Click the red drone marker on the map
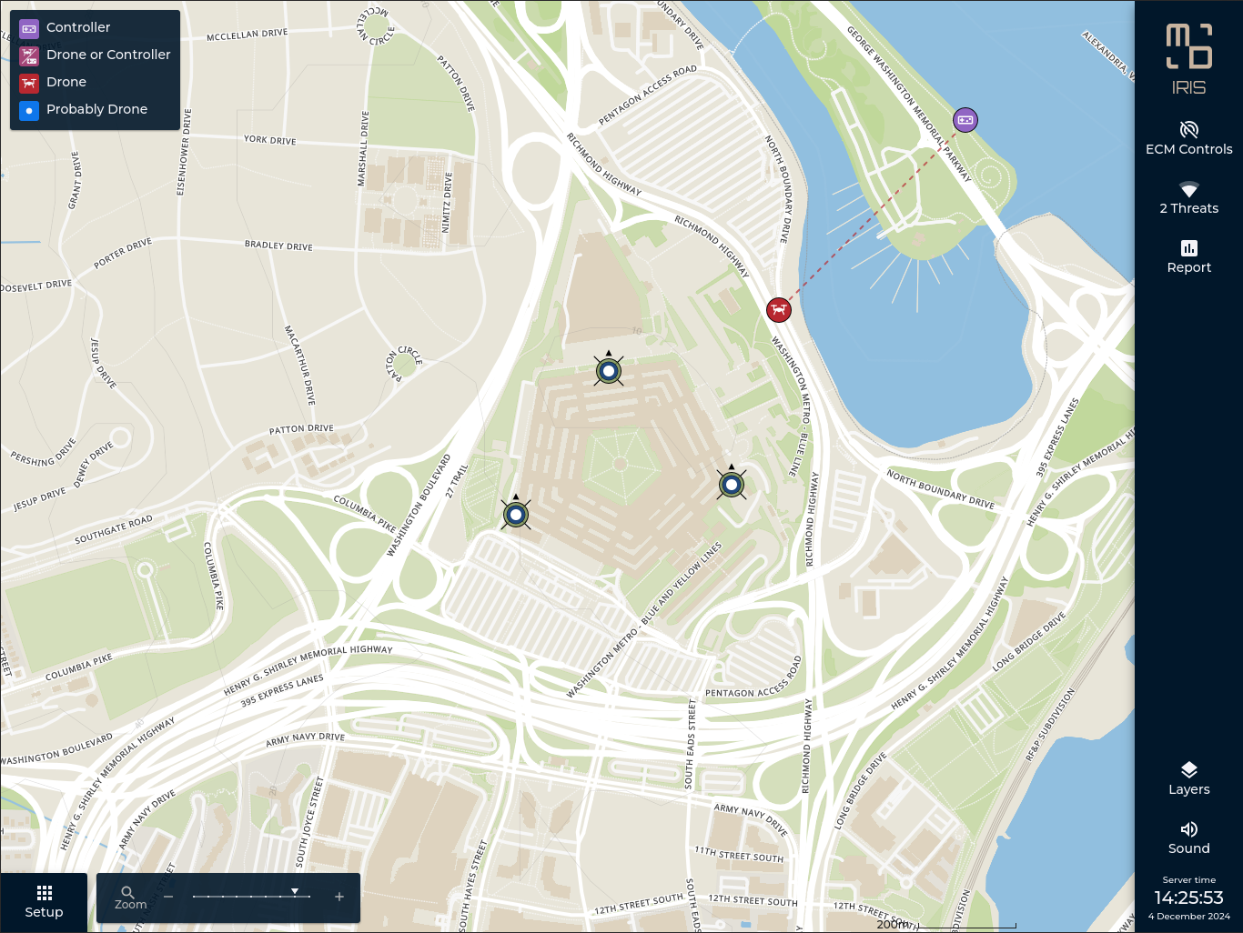[778, 310]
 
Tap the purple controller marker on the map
[965, 120]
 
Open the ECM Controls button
[1188, 138]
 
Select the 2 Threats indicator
[1188, 198]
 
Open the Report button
[1188, 256]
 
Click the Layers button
[1188, 778]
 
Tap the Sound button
[1188, 838]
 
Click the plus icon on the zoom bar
[339, 897]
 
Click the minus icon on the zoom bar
[168, 897]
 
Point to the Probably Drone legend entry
[96, 109]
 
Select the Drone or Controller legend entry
[96, 55]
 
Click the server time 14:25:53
[1188, 898]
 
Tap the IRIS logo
[1188, 60]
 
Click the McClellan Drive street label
[247, 35]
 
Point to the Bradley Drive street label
[278, 246]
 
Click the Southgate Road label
[114, 530]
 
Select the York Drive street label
[269, 140]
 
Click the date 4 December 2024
[1188, 917]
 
